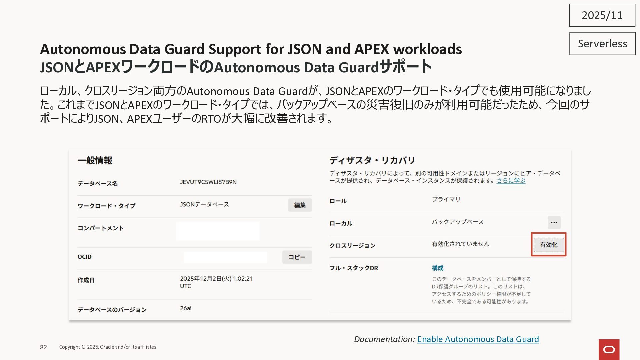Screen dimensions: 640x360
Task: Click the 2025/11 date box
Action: pos(602,15)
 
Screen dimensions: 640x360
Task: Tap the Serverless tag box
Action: pos(602,44)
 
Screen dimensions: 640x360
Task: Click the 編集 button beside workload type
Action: pos(300,205)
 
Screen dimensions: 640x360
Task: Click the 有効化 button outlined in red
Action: pos(549,245)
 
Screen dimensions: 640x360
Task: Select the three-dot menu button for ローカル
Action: pos(554,222)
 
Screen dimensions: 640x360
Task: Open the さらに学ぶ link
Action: pos(511,181)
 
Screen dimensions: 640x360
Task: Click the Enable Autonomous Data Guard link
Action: pos(478,339)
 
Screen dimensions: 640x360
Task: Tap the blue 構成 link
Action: pos(437,268)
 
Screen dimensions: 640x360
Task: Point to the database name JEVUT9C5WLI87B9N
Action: pos(208,182)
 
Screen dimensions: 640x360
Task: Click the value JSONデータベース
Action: pos(204,204)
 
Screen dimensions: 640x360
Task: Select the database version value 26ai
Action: pos(186,308)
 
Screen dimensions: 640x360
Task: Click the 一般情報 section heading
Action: pos(95,160)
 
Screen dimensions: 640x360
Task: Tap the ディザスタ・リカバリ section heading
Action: pos(372,160)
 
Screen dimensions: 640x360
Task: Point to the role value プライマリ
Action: pos(446,199)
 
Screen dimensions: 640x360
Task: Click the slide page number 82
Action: pos(43,347)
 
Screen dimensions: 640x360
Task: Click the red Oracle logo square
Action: pos(609,349)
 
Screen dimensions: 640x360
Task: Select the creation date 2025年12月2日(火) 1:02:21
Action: pos(216,279)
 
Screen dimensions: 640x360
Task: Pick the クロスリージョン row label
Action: pos(352,246)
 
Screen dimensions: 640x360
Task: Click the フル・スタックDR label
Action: pos(354,268)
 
